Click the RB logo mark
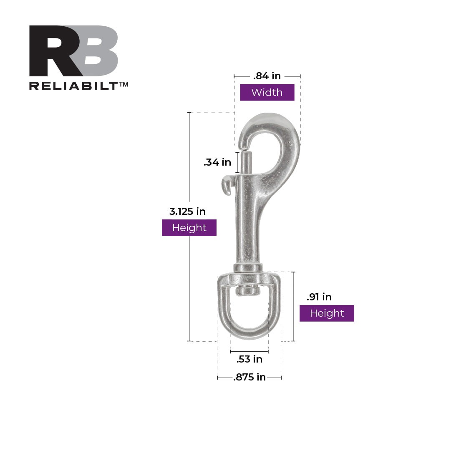pos(73,51)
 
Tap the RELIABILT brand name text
pos(74,86)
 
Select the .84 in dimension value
pos(267,76)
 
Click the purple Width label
pos(267,93)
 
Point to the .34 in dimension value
pos(217,163)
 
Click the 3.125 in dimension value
pos(187,212)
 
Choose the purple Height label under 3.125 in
pos(189,228)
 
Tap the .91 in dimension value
pos(319,297)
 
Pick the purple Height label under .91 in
pos(327,313)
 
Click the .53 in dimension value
pos(249,359)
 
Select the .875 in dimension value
pos(249,378)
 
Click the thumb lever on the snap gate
pos(227,184)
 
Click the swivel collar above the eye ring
pos(248,267)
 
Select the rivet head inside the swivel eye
pos(248,290)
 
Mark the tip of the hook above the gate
pos(244,144)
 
